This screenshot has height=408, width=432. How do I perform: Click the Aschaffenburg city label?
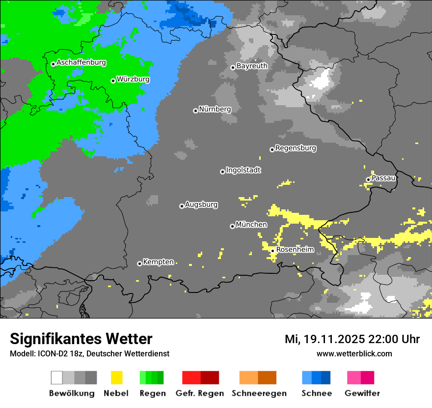click(81, 63)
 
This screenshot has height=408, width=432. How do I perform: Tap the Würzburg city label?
click(133, 79)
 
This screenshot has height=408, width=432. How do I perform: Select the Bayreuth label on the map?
click(252, 66)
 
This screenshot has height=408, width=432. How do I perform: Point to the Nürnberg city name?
click(215, 109)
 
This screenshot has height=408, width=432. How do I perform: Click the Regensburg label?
click(296, 148)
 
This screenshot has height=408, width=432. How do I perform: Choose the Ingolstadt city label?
click(243, 170)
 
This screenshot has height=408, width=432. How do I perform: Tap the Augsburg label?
click(201, 204)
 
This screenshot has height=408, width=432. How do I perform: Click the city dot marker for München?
click(232, 226)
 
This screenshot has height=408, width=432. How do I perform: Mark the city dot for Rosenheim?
click(273, 251)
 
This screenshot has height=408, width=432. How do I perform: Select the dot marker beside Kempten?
click(139, 263)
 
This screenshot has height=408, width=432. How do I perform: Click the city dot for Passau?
click(368, 179)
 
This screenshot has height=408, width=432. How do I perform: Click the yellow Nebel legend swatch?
click(117, 378)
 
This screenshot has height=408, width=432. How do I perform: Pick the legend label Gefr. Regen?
click(200, 393)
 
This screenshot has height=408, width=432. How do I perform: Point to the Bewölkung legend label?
click(72, 393)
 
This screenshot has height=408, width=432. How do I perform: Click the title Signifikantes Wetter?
click(81, 339)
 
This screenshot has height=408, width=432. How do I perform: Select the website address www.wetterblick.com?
click(354, 353)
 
